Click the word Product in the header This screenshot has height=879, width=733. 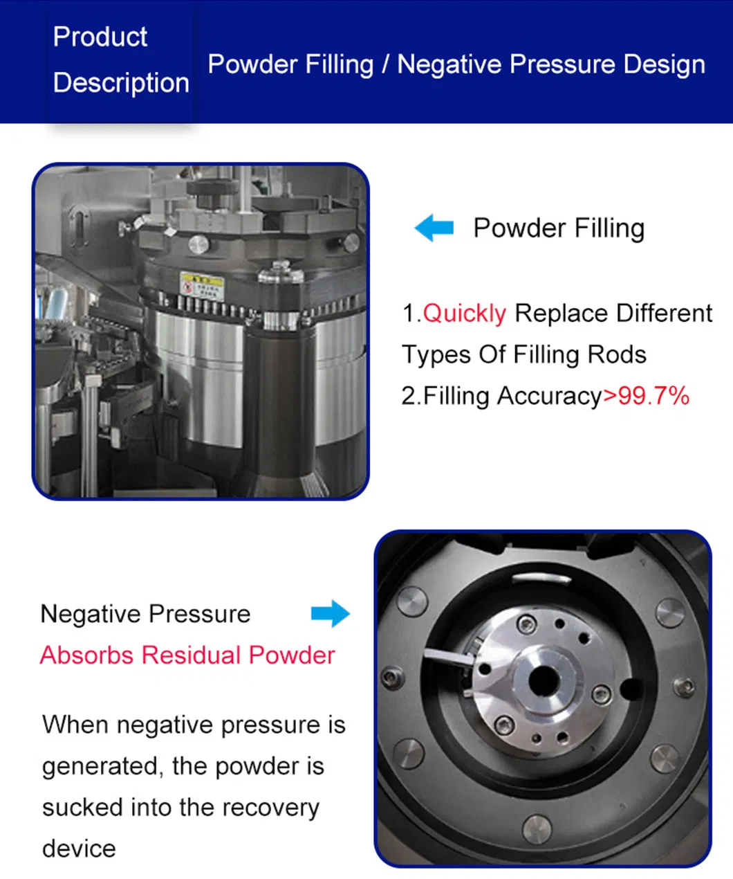point(100,37)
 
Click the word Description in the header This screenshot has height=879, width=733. point(121,83)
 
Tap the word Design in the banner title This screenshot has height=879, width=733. point(664,65)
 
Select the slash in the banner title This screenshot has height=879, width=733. point(385,64)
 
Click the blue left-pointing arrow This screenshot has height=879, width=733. point(434,228)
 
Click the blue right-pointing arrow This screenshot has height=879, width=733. point(331,613)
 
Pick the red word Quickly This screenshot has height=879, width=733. point(464,314)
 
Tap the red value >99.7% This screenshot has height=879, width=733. point(646,396)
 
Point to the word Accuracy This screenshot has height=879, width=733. point(549,397)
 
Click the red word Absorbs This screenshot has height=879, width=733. point(86,655)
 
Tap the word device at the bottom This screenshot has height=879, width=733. point(79,849)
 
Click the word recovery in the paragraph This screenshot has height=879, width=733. point(270,808)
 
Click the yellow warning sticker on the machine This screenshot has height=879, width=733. point(202,285)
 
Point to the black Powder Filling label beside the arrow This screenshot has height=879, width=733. point(559,228)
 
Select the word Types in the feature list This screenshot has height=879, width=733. point(436,355)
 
